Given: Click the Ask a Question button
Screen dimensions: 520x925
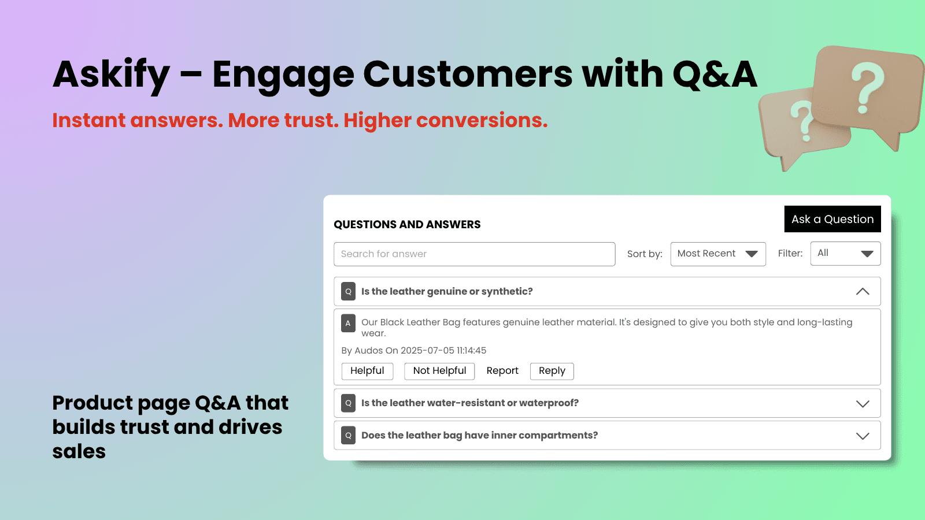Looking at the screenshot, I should click(x=832, y=219).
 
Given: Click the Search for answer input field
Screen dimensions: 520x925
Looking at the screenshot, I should click(x=474, y=254).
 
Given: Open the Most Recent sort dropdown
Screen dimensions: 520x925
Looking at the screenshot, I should click(x=717, y=254).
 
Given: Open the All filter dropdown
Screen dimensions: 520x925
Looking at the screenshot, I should click(x=845, y=254).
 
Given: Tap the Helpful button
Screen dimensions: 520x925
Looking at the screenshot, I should click(x=367, y=371).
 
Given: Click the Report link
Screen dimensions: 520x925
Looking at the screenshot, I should click(x=502, y=371).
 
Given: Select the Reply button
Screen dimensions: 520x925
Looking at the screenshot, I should click(x=552, y=371).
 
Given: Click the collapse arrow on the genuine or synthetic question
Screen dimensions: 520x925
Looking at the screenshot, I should click(x=862, y=292).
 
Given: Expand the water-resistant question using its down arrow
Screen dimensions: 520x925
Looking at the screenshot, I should click(x=862, y=403).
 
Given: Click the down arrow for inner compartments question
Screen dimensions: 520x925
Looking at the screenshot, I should click(x=862, y=436).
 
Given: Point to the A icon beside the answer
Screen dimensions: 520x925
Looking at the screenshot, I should click(x=348, y=323).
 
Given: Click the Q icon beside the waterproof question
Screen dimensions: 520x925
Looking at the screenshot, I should click(x=348, y=403).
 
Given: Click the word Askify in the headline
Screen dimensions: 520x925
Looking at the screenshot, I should click(x=111, y=75).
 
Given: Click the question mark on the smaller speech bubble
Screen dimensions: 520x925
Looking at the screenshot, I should click(x=802, y=120).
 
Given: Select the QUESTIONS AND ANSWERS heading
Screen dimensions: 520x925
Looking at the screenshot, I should click(x=407, y=225).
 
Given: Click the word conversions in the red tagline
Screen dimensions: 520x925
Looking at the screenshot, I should click(x=481, y=120).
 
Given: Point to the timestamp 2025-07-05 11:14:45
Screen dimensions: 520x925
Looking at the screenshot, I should click(x=443, y=351).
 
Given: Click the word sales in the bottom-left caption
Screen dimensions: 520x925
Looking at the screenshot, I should click(x=79, y=451).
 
